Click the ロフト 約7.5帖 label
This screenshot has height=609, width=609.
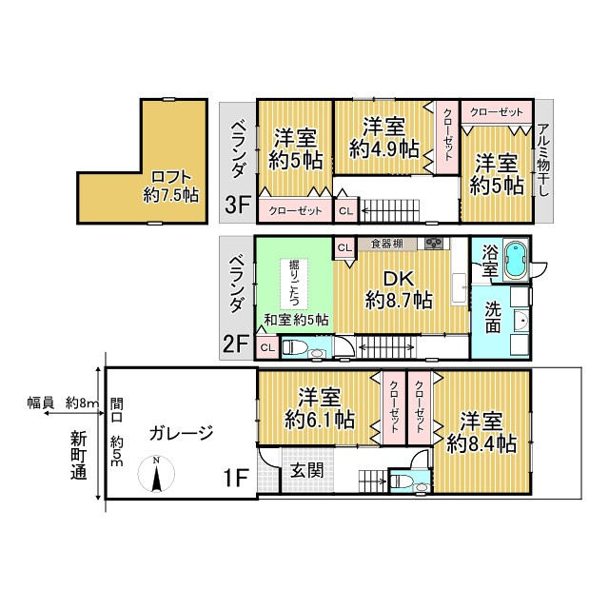coord(170,186)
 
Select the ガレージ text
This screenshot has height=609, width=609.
coord(180,433)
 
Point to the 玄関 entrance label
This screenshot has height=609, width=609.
coord(305,471)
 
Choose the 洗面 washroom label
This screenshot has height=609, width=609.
coord(493,318)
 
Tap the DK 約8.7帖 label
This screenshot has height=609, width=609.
coord(399,289)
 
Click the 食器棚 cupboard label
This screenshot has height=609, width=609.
coord(386,244)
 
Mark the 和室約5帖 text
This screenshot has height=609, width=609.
coord(295,320)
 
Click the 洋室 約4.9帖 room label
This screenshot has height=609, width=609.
coord(383,138)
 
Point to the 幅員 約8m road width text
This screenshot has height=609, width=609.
coord(63,403)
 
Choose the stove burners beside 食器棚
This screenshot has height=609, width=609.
coord(435,244)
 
